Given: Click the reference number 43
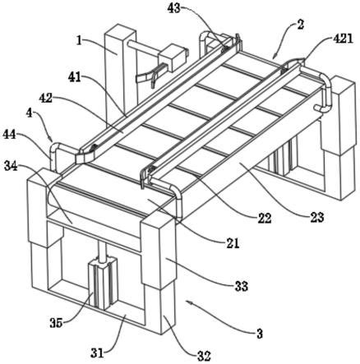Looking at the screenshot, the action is (x=173, y=8).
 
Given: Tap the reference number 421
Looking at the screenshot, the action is (x=343, y=39).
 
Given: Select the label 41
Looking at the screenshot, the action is (x=75, y=77).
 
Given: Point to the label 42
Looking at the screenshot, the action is (x=45, y=98).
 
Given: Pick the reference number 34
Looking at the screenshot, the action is (x=11, y=166).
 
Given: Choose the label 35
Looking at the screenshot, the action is (x=56, y=323).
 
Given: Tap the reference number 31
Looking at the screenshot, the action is (x=98, y=352).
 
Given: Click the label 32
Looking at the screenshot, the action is (x=204, y=357).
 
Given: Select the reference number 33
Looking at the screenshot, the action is (x=242, y=286).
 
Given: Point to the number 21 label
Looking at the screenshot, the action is (x=233, y=243).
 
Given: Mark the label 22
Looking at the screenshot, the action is (x=264, y=219).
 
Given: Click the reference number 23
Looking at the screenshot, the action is (x=317, y=217).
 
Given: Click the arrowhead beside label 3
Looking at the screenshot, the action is (x=188, y=302).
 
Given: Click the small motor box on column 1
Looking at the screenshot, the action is (x=173, y=58).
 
